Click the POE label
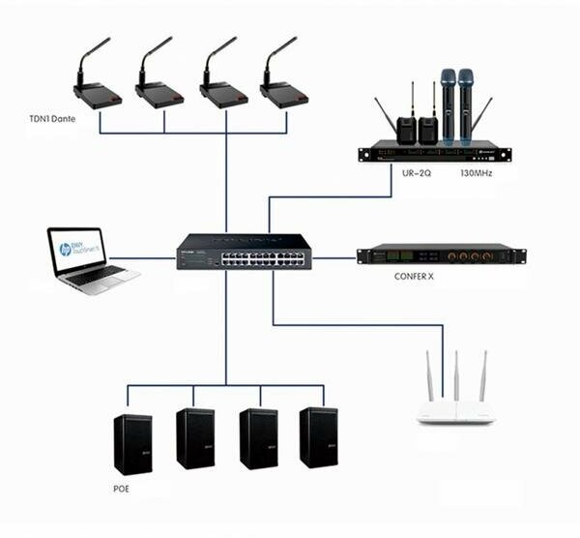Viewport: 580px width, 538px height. [121, 490]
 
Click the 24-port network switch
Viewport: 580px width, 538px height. [244, 254]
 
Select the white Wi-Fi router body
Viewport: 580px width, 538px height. [454, 412]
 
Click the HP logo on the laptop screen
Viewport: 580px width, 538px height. [65, 250]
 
